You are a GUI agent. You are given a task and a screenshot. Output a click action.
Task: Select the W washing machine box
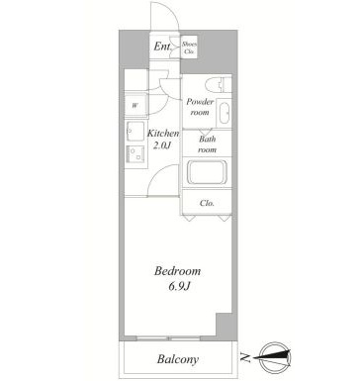[135, 105]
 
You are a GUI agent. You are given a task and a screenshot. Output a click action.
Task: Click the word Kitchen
[163, 133]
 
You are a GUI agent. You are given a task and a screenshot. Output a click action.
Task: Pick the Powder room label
[202, 107]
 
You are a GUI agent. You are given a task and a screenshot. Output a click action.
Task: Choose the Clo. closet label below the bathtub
[208, 204]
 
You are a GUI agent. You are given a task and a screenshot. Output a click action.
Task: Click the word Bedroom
[178, 270]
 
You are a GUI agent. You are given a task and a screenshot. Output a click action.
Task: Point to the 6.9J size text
[178, 286]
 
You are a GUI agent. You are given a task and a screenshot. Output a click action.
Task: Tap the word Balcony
[178, 359]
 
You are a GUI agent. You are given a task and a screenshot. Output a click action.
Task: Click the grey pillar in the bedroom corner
[223, 326]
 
